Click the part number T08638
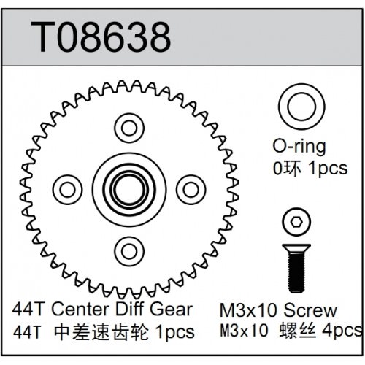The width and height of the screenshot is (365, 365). [x=99, y=34]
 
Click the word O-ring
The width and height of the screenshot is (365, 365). [x=293, y=148]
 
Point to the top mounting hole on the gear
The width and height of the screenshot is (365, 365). [x=128, y=129]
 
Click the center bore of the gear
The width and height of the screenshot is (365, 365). [x=128, y=189]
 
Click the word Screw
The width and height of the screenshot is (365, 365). [x=311, y=310]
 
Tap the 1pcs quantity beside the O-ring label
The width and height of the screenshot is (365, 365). [x=328, y=168]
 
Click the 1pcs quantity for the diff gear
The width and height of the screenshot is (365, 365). [x=174, y=332]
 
